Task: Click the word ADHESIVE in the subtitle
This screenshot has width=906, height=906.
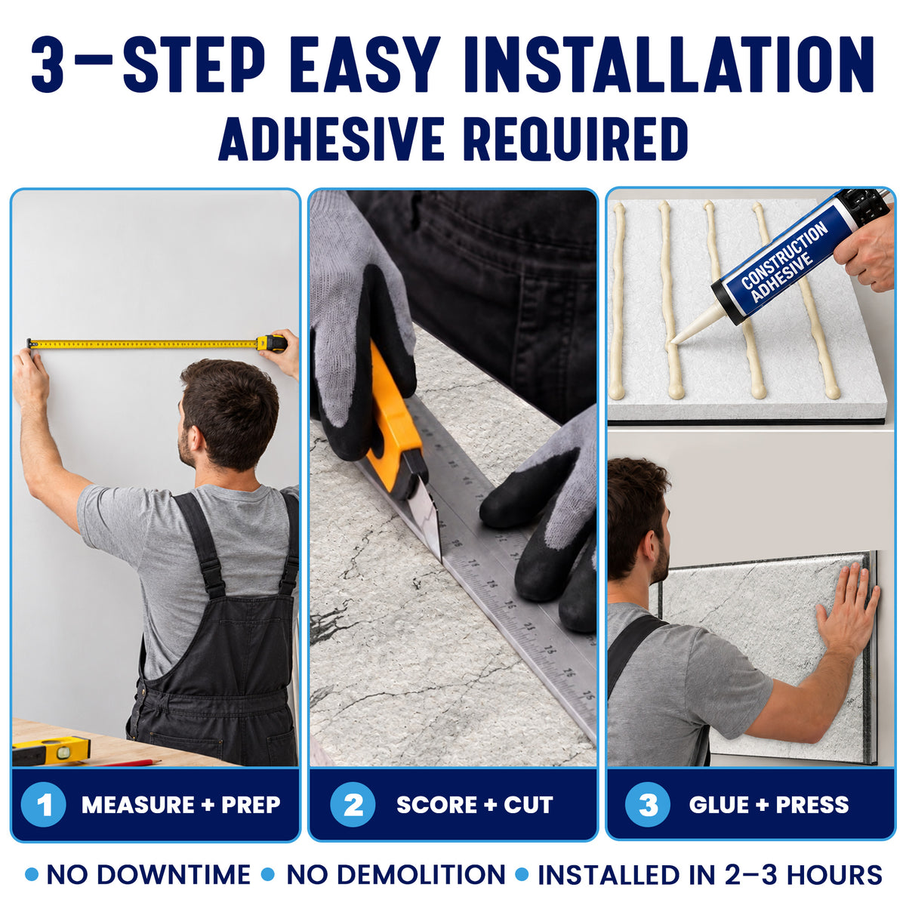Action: point(331,139)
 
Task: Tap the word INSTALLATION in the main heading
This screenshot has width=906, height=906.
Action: point(669,64)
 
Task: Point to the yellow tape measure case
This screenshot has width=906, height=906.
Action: point(272,344)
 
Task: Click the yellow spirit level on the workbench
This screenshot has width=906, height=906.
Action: point(51,750)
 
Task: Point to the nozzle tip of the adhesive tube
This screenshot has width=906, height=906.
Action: point(673,341)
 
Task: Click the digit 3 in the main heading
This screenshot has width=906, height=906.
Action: point(47,64)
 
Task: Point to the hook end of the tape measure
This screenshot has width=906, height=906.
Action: point(30,344)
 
